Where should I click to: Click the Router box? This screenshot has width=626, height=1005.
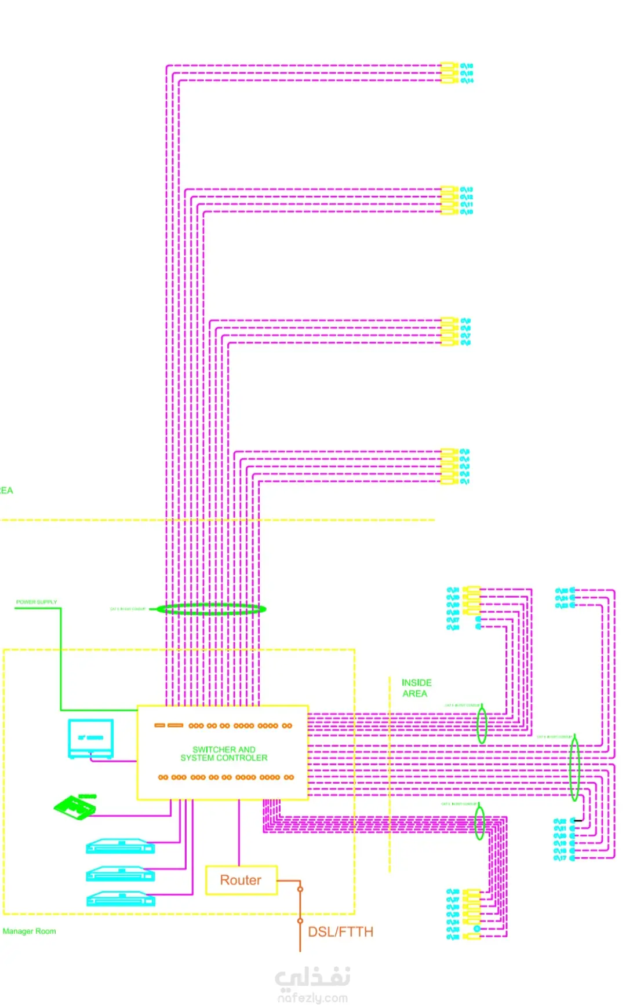tap(241, 880)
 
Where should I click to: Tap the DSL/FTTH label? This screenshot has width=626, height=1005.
tap(340, 932)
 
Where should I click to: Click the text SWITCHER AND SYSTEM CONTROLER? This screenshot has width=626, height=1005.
tap(224, 754)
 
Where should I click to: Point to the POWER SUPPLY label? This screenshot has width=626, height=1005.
tap(37, 602)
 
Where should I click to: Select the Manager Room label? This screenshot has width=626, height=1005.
tap(30, 931)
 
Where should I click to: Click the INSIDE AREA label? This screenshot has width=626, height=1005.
tap(416, 688)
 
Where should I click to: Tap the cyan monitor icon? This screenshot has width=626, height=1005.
tap(90, 738)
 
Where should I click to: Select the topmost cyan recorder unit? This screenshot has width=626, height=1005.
tap(121, 846)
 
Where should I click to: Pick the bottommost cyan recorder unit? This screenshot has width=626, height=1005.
tap(121, 899)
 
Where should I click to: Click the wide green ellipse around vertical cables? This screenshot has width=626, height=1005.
tap(211, 609)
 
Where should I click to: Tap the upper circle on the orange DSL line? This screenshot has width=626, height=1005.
tap(300, 889)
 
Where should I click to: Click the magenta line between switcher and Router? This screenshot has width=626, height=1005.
tap(239, 833)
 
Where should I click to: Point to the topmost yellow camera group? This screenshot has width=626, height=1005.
tap(449, 73)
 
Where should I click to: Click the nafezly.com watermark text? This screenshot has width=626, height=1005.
tap(313, 997)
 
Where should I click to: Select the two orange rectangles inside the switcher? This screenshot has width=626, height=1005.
tap(169, 725)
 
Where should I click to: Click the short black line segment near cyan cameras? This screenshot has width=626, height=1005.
tap(578, 821)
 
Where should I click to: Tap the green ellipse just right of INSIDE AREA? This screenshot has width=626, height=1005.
tap(481, 724)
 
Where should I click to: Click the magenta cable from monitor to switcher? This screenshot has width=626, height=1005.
tap(113, 761)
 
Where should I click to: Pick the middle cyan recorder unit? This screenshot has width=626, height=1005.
tap(121, 873)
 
